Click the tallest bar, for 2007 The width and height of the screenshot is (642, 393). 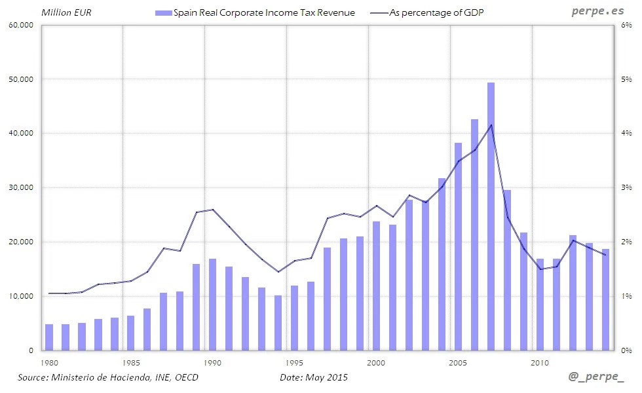point(491,216)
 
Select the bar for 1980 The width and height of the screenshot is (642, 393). point(49,337)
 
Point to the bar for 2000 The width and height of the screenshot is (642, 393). point(376,286)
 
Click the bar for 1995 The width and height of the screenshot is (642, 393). point(294,318)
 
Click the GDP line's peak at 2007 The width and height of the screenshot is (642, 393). point(491,125)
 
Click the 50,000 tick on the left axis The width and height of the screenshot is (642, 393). point(22,79)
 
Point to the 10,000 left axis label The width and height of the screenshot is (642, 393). point(22,296)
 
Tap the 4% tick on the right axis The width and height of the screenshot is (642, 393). point(626,134)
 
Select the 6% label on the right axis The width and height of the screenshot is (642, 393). point(626,25)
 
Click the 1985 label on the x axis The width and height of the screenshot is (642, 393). point(130,362)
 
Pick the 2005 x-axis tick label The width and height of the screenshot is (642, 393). point(458,362)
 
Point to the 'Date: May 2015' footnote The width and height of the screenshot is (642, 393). point(314,377)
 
